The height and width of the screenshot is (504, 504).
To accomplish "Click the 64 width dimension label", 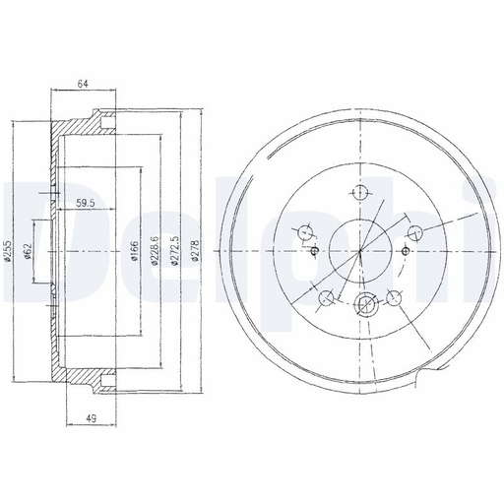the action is (x=83, y=84).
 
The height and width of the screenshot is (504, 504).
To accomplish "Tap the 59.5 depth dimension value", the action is (x=86, y=204).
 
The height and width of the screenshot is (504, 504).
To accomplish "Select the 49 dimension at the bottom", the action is (x=92, y=418).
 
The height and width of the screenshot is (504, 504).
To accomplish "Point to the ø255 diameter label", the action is (x=9, y=251).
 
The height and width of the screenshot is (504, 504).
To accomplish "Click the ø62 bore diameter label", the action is (x=28, y=251).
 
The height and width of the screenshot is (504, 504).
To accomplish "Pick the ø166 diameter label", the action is (x=134, y=251).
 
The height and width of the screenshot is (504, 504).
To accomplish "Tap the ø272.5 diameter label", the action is (x=174, y=251).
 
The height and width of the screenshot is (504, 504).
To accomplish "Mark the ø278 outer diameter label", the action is (x=195, y=251).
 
